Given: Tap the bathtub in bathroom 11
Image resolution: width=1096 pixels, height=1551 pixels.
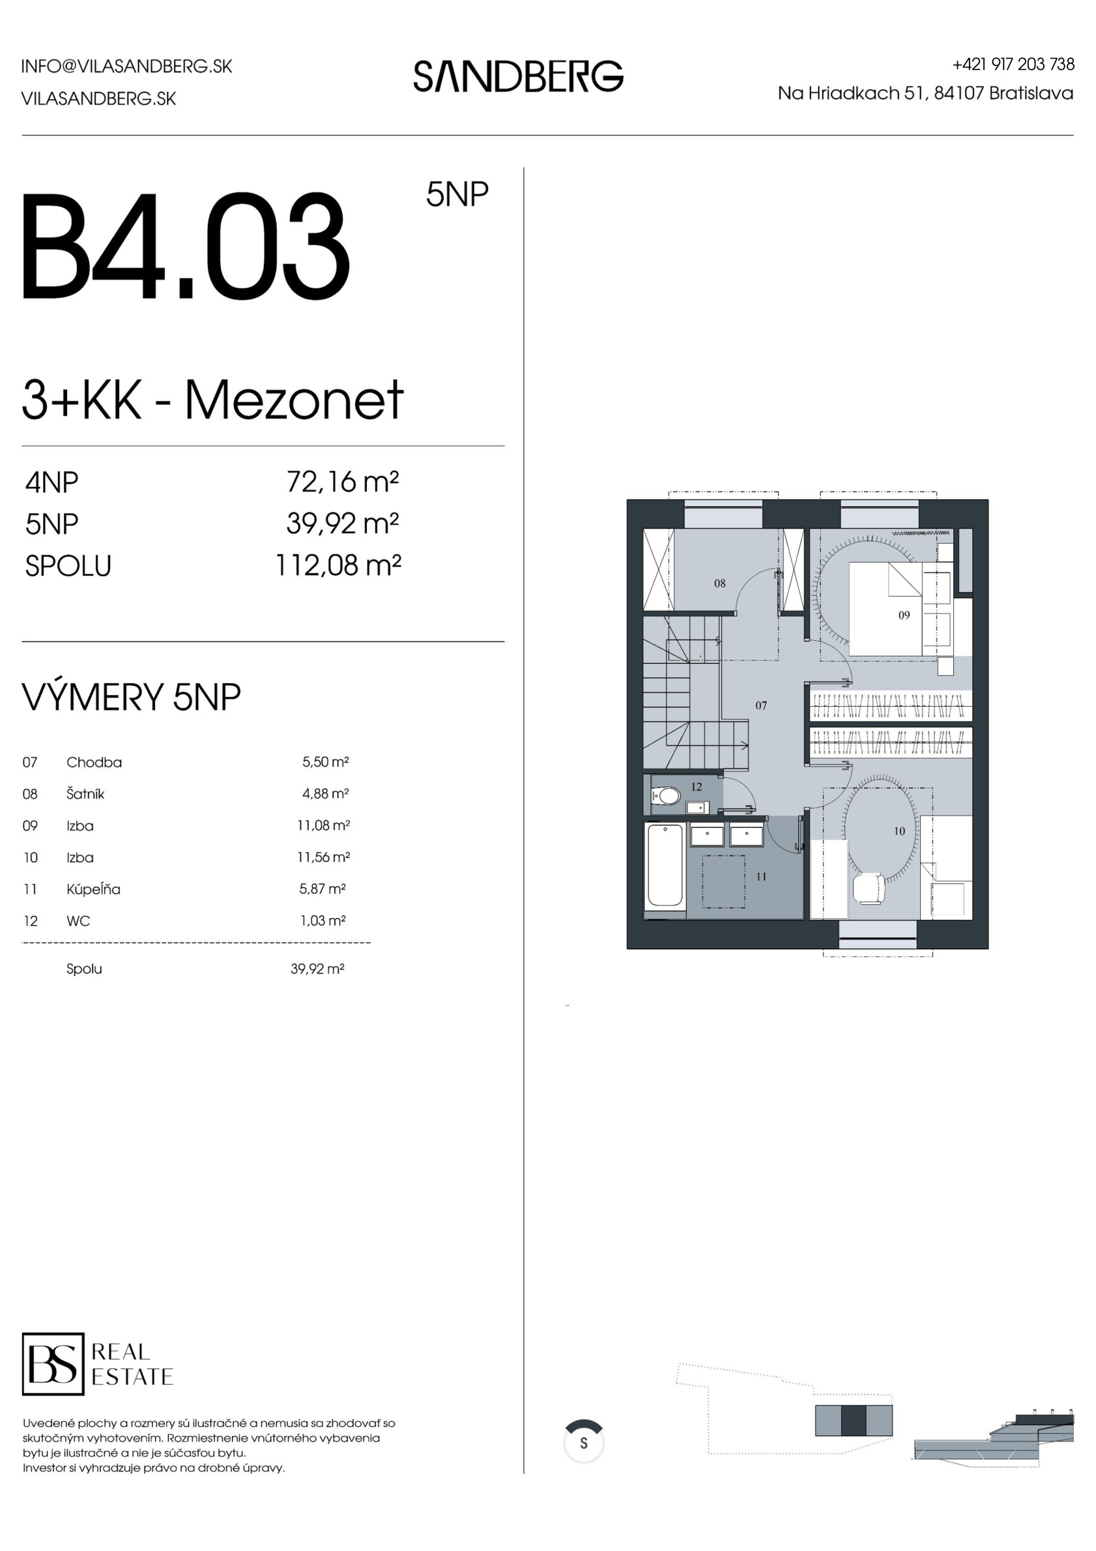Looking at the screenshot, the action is pos(665,865).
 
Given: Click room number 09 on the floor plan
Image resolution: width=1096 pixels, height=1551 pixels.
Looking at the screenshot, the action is pos(904,615).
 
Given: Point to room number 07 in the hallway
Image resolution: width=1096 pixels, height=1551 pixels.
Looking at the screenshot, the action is pos(761,705).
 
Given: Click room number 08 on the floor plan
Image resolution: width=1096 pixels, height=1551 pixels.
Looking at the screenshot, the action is pos(720,583).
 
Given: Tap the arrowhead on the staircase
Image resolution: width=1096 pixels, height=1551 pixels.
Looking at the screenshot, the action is pos(745,746).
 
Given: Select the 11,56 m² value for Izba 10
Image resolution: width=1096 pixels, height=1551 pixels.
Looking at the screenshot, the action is pos(323,857).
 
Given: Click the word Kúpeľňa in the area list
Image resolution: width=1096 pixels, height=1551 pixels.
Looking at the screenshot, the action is pos(93,889).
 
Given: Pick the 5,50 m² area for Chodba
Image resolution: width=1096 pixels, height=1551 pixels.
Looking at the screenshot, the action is pos(326,762).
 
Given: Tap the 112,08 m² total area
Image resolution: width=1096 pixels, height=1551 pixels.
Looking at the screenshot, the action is pos(338,565).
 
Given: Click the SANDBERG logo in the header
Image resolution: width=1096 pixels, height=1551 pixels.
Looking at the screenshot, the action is pos(519,76).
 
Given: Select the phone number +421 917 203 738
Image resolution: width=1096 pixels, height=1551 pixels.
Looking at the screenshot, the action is pos(1013,64).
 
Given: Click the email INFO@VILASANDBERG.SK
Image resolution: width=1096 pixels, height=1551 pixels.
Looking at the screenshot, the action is pos(127,66).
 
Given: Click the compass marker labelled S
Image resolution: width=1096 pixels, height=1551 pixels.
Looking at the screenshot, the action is pos(583,1443).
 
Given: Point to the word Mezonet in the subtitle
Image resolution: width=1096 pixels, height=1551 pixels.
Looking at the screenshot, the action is pos(295,400).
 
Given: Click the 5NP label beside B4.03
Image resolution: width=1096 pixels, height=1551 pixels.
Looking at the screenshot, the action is pos(457,194).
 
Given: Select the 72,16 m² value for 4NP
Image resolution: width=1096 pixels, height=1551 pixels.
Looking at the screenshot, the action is pos(343,482).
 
